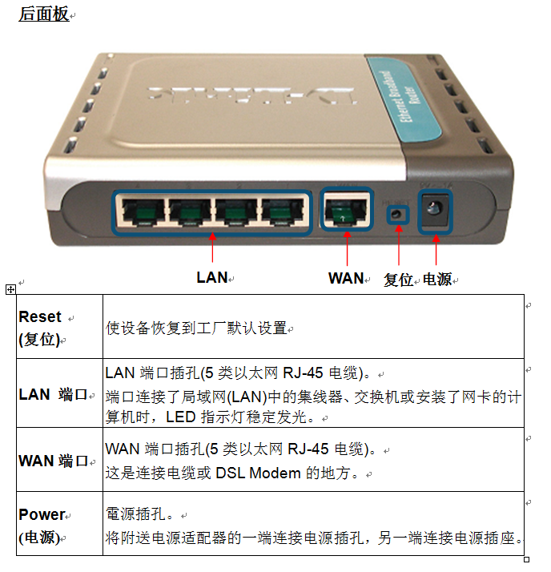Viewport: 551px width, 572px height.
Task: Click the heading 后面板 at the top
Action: click(43, 14)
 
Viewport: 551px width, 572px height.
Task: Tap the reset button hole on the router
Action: click(397, 214)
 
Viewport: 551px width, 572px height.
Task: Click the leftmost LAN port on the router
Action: click(143, 211)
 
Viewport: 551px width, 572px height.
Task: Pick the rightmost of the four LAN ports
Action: click(282, 211)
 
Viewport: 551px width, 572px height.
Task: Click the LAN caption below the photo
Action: click(212, 278)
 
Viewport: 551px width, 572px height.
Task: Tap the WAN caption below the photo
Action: click(346, 278)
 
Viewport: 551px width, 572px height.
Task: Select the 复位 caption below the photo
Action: click(398, 280)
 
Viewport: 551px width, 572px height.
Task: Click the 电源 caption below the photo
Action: click(437, 280)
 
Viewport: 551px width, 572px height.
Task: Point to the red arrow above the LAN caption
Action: click(212, 248)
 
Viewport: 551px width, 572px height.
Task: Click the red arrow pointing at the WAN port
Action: click(347, 248)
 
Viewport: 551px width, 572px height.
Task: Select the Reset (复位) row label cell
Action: click(59, 327)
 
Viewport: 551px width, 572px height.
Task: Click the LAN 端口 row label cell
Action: click(59, 393)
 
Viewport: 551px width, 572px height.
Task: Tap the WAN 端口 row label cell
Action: click(59, 460)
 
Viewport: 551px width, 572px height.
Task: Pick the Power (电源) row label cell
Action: click(59, 524)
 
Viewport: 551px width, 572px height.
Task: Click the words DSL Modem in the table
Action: click(258, 473)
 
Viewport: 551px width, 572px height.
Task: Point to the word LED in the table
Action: click(180, 417)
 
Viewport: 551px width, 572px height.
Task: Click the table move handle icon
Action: click(10, 290)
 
